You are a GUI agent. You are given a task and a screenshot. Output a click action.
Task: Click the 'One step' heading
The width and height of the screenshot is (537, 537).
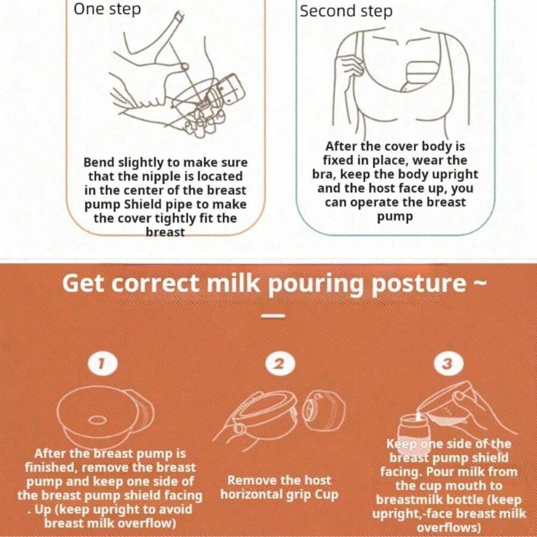click(107, 9)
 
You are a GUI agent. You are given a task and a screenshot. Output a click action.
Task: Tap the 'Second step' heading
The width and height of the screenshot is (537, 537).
click(346, 11)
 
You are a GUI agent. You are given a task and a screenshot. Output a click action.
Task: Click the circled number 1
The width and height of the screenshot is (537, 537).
click(103, 364)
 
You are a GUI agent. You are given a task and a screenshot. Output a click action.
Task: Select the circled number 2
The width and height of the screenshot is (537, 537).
click(280, 364)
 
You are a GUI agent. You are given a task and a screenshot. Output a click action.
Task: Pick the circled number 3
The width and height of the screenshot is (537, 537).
click(449, 364)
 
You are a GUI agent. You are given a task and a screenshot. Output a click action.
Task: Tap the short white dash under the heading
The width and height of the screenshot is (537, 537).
click(273, 316)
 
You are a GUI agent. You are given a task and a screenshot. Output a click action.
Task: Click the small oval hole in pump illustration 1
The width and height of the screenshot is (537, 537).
click(97, 420)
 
